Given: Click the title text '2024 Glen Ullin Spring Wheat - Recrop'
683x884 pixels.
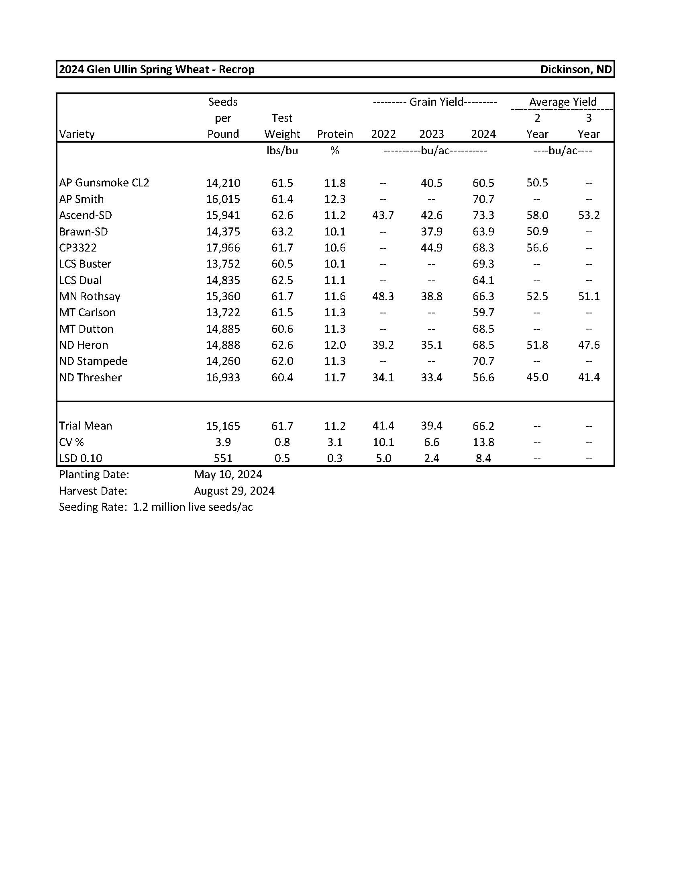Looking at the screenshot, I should (157, 69).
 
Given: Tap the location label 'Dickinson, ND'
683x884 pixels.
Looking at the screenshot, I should (576, 69).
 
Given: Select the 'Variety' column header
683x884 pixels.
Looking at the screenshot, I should (77, 134).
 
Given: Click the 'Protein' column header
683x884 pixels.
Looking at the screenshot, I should (335, 134).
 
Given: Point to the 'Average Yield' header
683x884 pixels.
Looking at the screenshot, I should (563, 102).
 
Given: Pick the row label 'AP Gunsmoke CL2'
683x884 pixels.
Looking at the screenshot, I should (104, 182).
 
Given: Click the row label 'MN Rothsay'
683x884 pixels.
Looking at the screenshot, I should (90, 296).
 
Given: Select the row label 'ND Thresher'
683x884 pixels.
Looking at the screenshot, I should (90, 377).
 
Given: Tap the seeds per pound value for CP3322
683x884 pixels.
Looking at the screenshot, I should (223, 248).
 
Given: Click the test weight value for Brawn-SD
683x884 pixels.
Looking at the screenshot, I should (282, 231).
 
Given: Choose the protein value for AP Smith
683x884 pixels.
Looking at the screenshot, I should (335, 199).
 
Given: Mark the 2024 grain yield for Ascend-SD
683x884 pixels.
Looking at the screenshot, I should (483, 215).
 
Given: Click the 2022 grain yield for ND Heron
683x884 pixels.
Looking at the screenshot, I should (383, 345).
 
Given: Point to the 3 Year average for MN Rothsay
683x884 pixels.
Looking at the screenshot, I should (588, 296).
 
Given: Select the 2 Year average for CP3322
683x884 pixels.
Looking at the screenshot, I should (537, 248).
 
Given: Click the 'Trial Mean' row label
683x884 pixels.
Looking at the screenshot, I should (86, 426).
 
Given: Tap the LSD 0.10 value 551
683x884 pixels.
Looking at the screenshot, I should (223, 458).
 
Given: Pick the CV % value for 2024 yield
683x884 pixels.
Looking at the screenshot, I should (483, 442).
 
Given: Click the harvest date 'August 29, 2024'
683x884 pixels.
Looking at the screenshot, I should (234, 491).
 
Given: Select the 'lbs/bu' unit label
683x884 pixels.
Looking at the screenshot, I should (282, 151).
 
